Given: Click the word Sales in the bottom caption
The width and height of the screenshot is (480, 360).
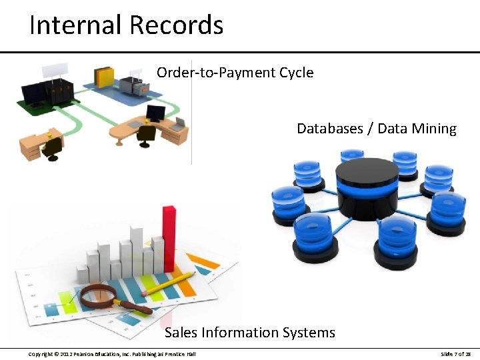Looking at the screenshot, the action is tap(181, 332).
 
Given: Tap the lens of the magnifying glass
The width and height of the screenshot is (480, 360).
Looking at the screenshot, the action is tap(98, 295).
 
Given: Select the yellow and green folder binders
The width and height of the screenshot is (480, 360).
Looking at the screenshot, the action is tap(105, 76).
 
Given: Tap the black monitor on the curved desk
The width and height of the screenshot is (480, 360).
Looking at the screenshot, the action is tap(155, 113).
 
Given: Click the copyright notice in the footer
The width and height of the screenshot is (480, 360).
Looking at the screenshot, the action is tap(111, 353).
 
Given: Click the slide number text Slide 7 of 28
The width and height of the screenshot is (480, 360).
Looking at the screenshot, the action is tap(456, 353).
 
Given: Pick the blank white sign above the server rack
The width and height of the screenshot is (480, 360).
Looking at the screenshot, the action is tap(54, 69).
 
